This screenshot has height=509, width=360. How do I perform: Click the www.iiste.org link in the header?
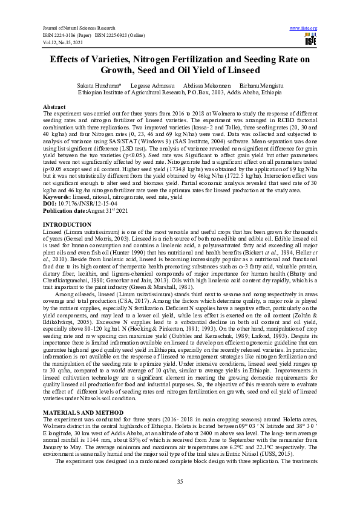tap(304, 28)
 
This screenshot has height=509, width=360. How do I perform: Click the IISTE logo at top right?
tap(311, 39)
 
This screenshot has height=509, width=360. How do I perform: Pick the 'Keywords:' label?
tap(57, 196)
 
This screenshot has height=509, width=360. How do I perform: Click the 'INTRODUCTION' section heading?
tap(67, 224)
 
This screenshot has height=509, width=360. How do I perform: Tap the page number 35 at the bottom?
tap(180, 481)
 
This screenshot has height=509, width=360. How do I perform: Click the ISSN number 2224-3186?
tap(66, 35)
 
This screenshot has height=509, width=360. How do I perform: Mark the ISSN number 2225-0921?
tap(119, 35)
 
